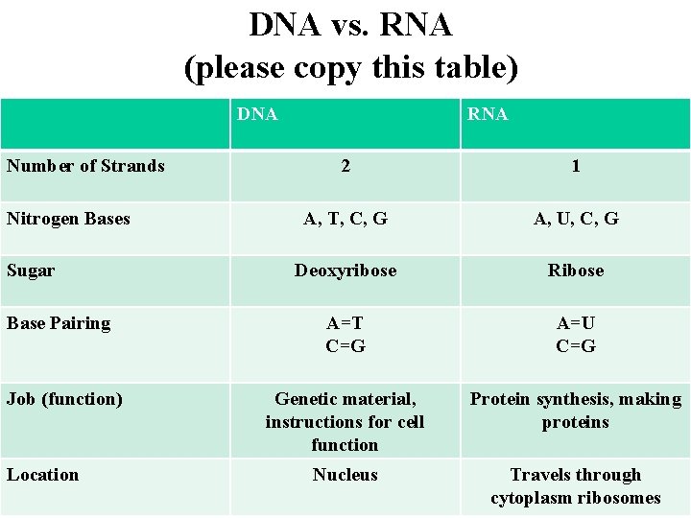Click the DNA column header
[x=257, y=115]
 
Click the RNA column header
[x=488, y=115]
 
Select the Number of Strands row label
[x=85, y=166]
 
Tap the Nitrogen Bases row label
[x=68, y=219]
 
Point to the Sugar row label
[x=31, y=271]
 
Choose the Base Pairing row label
[x=59, y=323]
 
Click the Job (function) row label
[x=64, y=399]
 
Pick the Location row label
[x=42, y=475]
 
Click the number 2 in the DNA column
[x=345, y=166]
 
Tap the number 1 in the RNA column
[x=576, y=166]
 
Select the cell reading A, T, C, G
[x=345, y=219]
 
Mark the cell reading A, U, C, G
[x=576, y=219]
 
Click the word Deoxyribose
[x=345, y=271]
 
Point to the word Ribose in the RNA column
[x=576, y=271]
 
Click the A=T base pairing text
[x=345, y=323]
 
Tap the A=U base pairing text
[x=576, y=323]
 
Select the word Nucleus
[x=345, y=475]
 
